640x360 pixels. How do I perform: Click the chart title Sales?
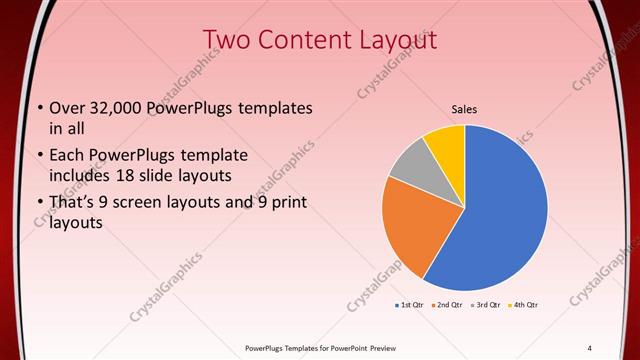tap(464, 109)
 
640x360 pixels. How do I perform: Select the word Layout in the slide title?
tap(396, 38)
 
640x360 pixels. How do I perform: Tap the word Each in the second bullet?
tap(67, 155)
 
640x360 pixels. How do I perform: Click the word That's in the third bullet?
tap(73, 203)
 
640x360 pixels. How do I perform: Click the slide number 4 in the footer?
tap(589, 348)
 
